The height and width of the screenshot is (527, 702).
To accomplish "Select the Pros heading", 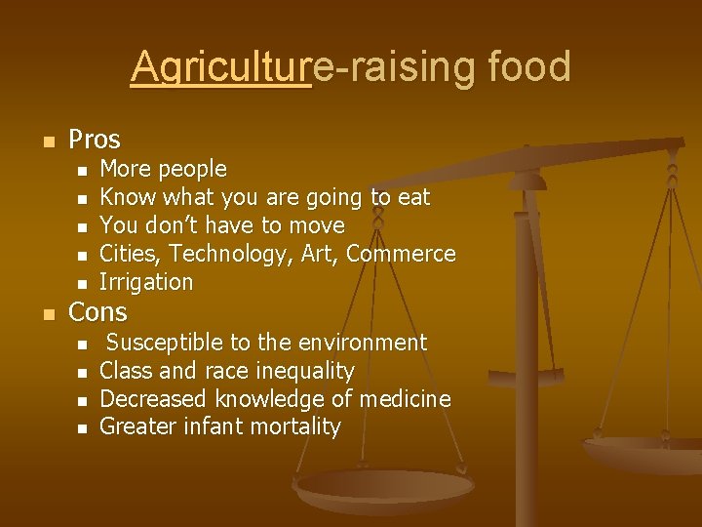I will (x=95, y=140).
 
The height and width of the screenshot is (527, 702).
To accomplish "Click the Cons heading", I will (x=97, y=312).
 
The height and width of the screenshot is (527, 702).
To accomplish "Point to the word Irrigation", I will (x=146, y=282).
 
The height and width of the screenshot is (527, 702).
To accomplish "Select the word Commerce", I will (x=401, y=254).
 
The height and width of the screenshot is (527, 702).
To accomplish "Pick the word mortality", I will (x=294, y=426).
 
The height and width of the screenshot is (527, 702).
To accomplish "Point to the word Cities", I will (x=131, y=254).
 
